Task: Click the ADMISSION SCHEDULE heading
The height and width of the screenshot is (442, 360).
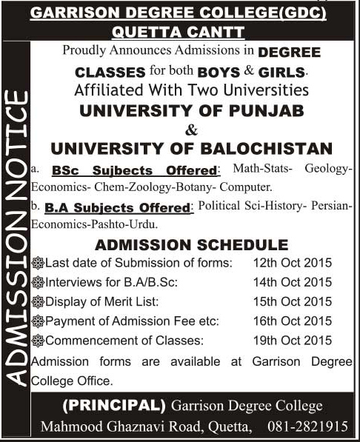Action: point(192,244)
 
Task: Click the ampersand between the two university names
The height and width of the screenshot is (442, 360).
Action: point(191,129)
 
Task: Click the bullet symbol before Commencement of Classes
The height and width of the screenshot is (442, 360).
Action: point(39,340)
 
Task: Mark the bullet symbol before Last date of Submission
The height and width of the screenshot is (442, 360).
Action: point(39,263)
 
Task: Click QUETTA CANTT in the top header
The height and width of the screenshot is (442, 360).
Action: point(180,32)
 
